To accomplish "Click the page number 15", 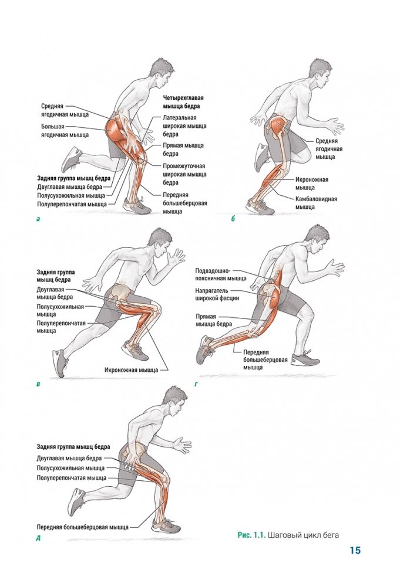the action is click(355, 550).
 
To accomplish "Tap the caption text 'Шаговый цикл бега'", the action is click(303, 535).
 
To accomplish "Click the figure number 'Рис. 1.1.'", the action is click(251, 535).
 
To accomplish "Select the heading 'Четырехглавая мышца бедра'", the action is click(183, 102).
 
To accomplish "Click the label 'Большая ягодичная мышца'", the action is click(65, 131).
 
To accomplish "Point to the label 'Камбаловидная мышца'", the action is click(316, 203).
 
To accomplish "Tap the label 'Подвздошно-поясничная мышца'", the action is click(221, 274).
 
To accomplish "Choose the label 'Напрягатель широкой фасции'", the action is click(217, 294).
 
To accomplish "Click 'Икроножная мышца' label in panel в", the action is click(131, 370).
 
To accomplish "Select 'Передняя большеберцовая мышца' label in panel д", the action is click(82, 527).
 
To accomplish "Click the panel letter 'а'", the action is click(38, 219).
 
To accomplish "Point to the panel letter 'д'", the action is click(38, 539).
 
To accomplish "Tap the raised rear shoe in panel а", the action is click(71, 159).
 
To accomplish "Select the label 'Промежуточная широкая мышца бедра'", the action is click(184, 174).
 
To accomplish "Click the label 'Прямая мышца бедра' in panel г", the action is click(214, 320).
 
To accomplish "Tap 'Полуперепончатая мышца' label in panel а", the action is click(72, 204).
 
